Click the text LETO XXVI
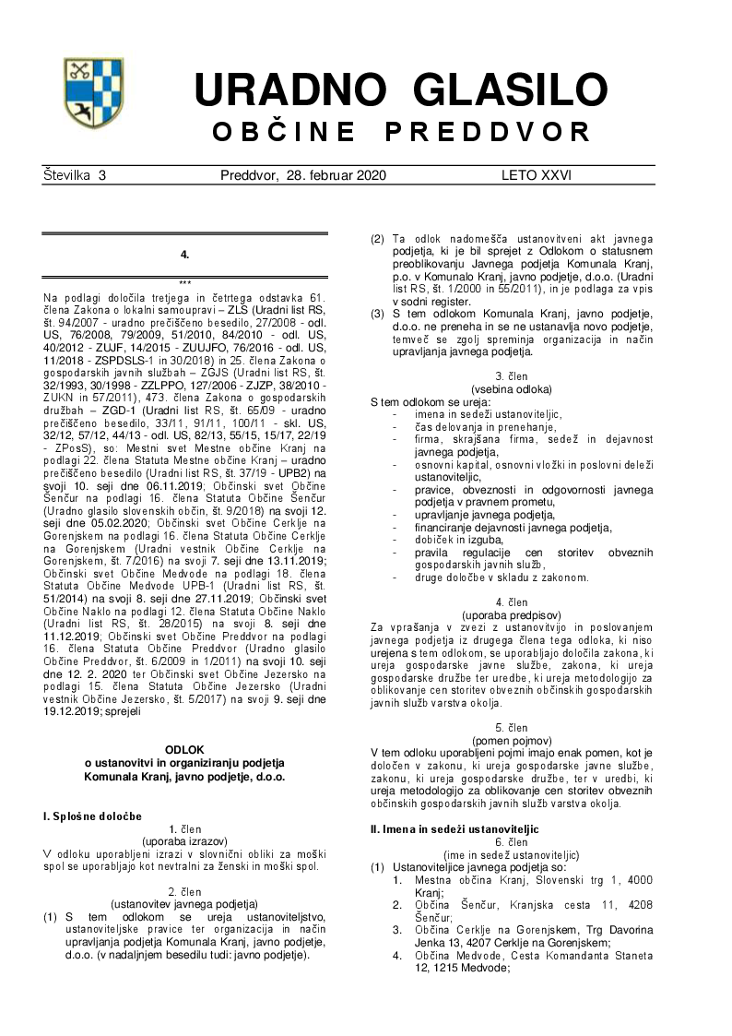coord(537,174)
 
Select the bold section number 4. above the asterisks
coord(184,254)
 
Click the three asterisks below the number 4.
coord(184,282)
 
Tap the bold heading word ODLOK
coord(184,750)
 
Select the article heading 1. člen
coord(184,829)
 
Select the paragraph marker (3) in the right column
coord(377,314)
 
